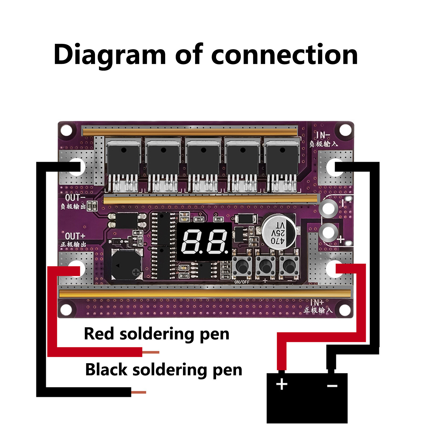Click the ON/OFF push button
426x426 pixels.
point(242,265)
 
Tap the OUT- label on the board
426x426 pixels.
point(75,198)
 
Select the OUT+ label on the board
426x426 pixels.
point(75,236)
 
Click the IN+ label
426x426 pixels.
point(317,303)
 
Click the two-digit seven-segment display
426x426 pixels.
point(204,241)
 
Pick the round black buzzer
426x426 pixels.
point(127,265)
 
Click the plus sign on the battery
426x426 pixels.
point(282,384)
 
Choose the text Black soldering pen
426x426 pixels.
point(163,370)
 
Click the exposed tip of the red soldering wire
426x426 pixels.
point(151,352)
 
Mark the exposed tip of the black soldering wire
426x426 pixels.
point(139,392)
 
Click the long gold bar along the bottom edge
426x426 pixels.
point(205,293)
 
